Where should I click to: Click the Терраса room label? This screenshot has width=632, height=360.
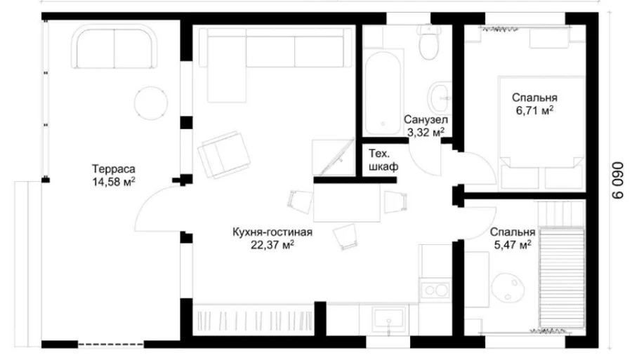pos(113,168)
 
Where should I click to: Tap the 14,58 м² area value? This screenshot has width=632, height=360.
pos(113,182)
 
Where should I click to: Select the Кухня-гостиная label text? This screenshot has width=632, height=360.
pos(272,232)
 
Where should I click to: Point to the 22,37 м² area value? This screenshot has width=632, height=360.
pos(272,245)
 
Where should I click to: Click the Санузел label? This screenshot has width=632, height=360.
pos(426,119)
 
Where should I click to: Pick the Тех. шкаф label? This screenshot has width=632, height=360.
pos(383,160)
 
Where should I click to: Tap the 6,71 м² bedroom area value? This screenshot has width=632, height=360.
pos(534,110)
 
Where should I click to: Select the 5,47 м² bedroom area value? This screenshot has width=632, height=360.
pos(513,244)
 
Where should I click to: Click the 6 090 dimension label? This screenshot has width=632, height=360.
pos(617,180)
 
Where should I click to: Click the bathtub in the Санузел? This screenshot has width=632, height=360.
pos(383,93)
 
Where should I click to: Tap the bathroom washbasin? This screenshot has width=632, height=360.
pos(438,98)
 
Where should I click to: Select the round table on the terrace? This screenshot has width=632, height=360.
pos(151,102)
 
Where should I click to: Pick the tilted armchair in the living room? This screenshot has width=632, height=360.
pos(224,154)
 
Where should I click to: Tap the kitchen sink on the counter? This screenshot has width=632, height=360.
pos(388,319)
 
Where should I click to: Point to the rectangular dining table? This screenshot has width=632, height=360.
pos(347,203)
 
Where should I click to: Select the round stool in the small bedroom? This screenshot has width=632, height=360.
pos(508,287)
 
